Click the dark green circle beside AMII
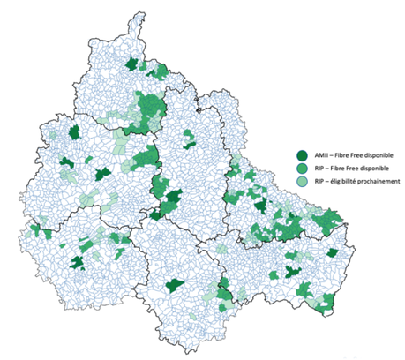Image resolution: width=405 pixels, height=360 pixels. [x=301, y=153]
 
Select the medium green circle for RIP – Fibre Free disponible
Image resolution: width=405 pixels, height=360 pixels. [x=301, y=167]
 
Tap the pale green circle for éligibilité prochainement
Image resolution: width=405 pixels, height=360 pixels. [x=301, y=181]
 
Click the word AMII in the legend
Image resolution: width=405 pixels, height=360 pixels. [x=318, y=153]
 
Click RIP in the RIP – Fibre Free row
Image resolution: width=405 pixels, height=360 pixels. [x=315, y=167]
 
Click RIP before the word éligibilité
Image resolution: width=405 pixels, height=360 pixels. [x=315, y=181]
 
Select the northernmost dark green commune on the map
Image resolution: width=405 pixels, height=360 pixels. [x=133, y=64]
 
